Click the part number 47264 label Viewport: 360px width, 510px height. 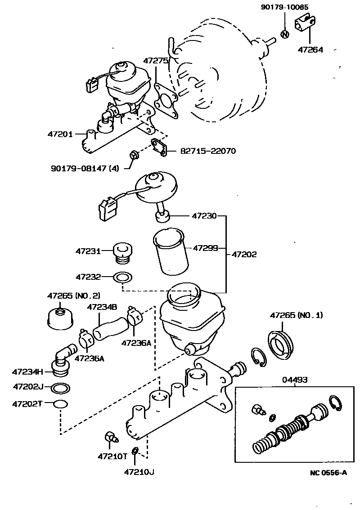[310, 49]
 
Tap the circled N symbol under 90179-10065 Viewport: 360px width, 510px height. [284, 34]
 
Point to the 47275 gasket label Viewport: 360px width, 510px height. [156, 60]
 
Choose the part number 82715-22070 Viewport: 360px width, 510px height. [208, 151]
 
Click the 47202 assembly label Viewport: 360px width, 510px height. [244, 254]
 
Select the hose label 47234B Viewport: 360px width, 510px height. [102, 307]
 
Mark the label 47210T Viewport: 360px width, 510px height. [112, 456]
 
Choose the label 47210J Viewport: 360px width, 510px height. [139, 472]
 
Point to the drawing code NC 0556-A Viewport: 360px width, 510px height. [328, 472]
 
